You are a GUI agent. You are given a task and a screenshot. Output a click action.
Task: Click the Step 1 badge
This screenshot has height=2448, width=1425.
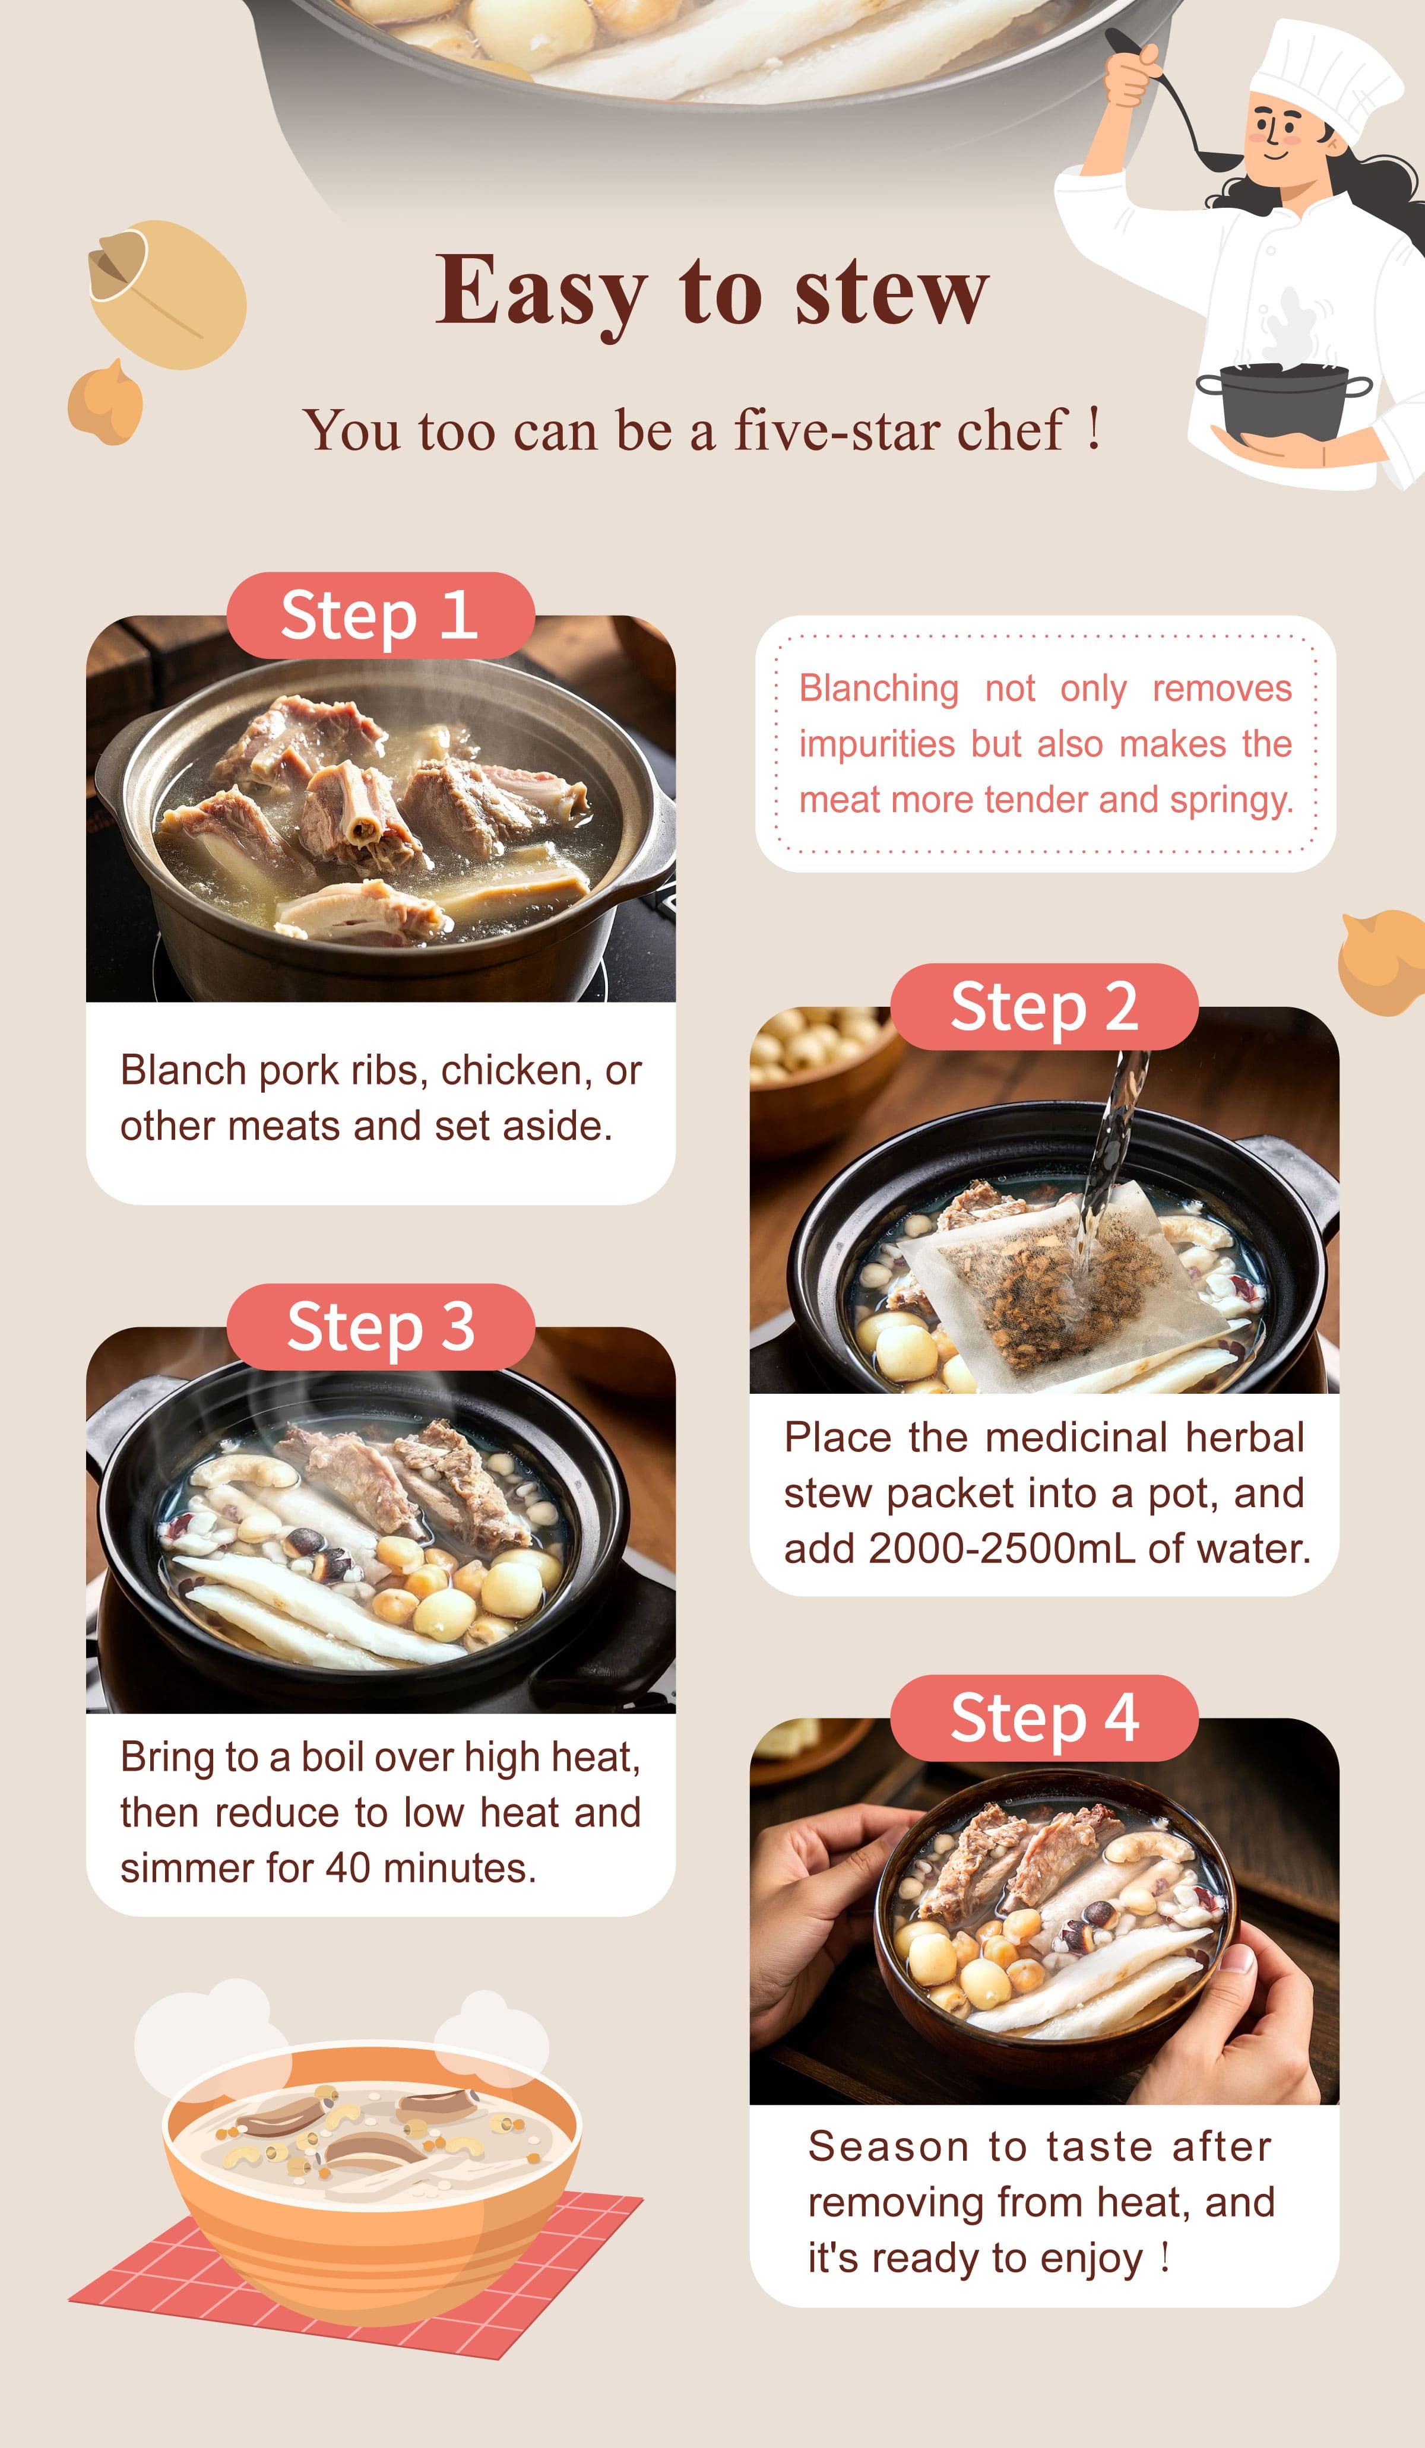[380, 616]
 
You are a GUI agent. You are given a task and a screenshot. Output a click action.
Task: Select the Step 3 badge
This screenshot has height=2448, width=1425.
[380, 1327]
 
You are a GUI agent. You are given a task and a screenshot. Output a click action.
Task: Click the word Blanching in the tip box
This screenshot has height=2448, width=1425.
[878, 688]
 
